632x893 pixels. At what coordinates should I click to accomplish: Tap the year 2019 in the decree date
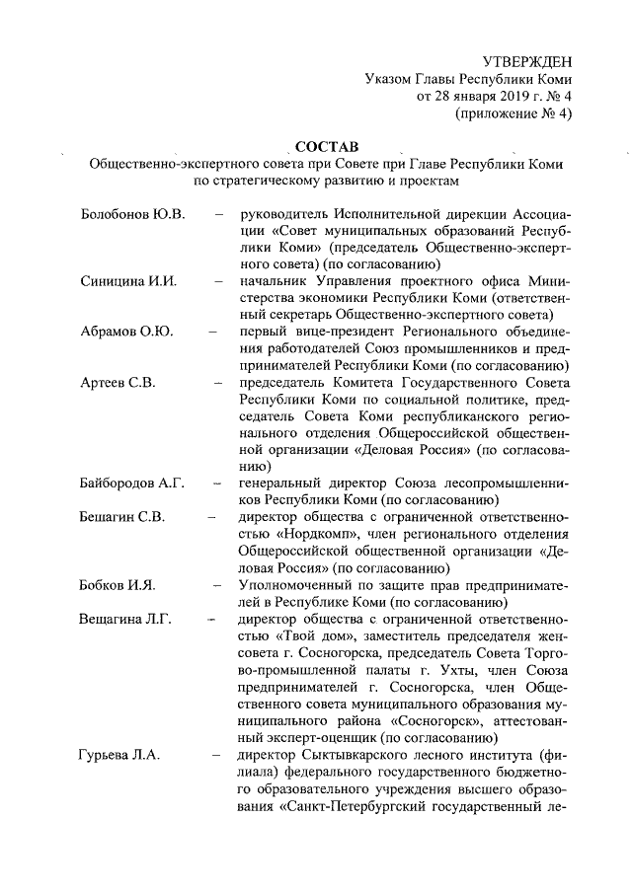tap(484, 97)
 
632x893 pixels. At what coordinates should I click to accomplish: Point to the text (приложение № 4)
tap(513, 113)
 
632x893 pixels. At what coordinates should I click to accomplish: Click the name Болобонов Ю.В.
tap(132, 213)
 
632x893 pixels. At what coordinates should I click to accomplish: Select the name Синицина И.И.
tap(128, 280)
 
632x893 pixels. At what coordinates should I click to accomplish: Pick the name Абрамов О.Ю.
tap(126, 331)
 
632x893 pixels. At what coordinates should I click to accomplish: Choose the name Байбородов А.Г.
tap(132, 483)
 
